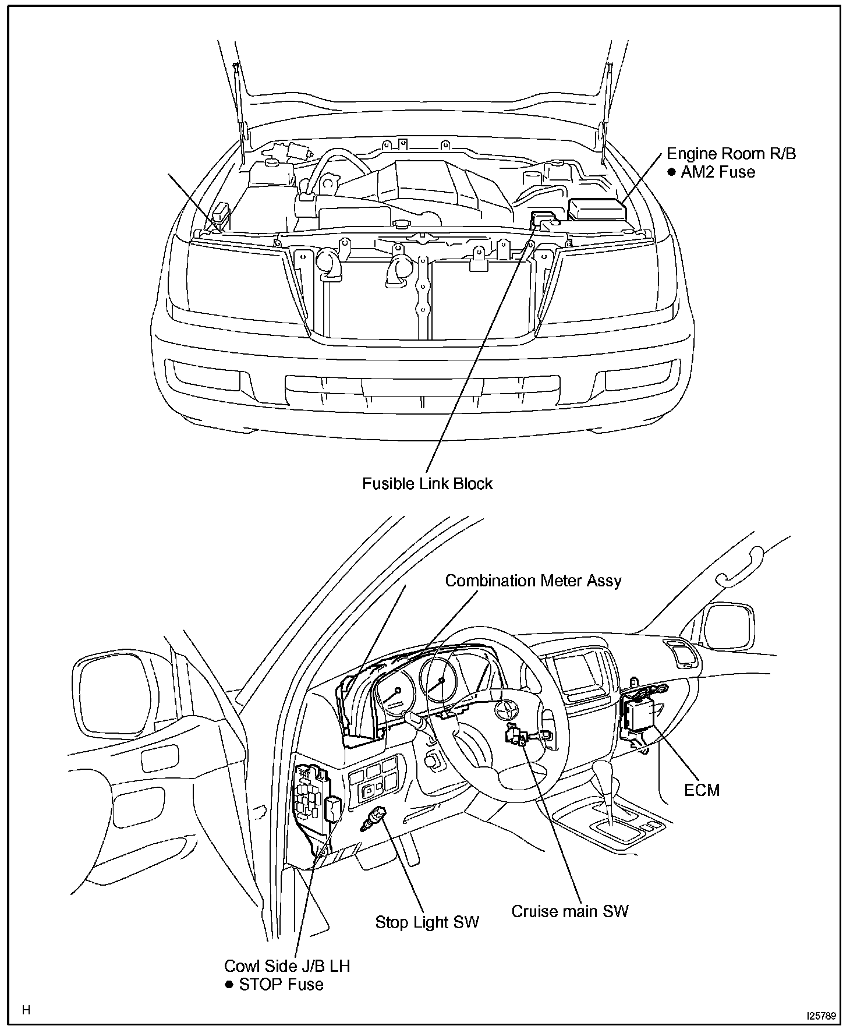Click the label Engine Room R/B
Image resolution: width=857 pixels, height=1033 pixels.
[731, 154]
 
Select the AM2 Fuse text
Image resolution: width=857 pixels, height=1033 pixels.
[718, 172]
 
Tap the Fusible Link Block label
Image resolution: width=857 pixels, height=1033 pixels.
[427, 484]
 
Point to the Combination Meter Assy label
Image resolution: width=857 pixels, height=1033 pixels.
[533, 581]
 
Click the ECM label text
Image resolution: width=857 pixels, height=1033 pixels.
[702, 790]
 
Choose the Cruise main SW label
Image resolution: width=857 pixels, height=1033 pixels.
[570, 911]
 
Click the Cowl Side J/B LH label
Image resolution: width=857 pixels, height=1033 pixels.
[287, 966]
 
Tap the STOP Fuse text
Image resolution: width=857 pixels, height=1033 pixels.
[281, 985]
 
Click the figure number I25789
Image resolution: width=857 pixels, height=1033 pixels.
[821, 1016]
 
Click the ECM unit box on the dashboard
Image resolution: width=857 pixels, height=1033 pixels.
[639, 714]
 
